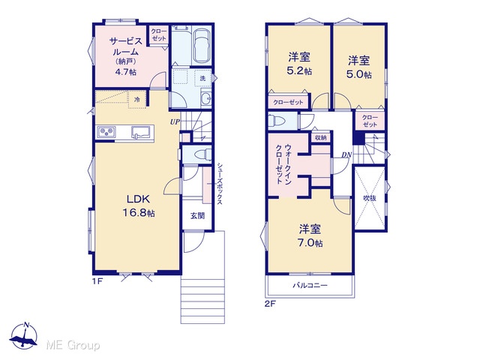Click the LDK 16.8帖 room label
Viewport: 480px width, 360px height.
[x=139, y=205]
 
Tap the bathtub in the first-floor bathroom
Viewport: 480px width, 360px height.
[x=202, y=45]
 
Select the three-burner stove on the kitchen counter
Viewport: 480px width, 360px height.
[x=106, y=132]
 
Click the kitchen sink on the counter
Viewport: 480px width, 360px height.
[x=140, y=132]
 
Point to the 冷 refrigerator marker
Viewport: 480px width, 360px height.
[x=137, y=99]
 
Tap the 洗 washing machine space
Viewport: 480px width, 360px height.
[x=202, y=78]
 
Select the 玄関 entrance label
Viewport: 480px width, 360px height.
[x=197, y=216]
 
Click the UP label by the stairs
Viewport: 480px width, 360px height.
[x=175, y=121]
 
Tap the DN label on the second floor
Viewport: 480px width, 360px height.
[x=346, y=155]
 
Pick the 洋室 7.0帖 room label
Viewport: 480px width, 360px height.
[x=310, y=235]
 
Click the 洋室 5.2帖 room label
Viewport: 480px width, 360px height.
[x=299, y=64]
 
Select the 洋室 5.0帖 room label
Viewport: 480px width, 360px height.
[x=358, y=67]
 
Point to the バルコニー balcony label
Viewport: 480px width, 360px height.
[x=310, y=286]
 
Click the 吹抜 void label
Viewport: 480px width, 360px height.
[x=370, y=198]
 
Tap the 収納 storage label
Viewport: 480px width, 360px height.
[x=320, y=138]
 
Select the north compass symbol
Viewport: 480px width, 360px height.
[x=23, y=336]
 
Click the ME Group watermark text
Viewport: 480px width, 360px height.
[x=73, y=345]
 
